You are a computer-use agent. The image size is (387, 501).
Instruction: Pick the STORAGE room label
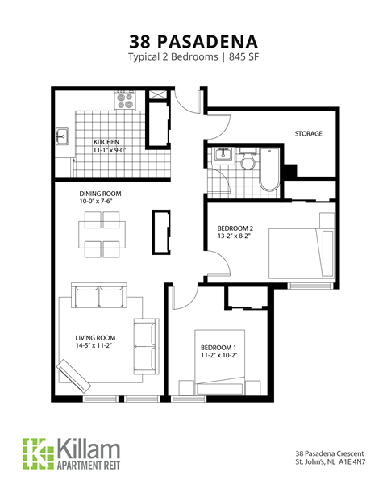[x=308, y=133]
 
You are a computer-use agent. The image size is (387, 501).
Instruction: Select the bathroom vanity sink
[x=220, y=157]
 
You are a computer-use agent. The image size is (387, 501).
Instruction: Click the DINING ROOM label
[x=98, y=194]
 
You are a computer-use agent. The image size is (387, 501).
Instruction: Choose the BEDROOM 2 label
[x=235, y=228]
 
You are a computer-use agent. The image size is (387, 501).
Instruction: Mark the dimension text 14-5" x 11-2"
[x=94, y=346]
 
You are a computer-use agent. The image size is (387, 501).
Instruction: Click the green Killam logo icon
[x=35, y=452]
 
